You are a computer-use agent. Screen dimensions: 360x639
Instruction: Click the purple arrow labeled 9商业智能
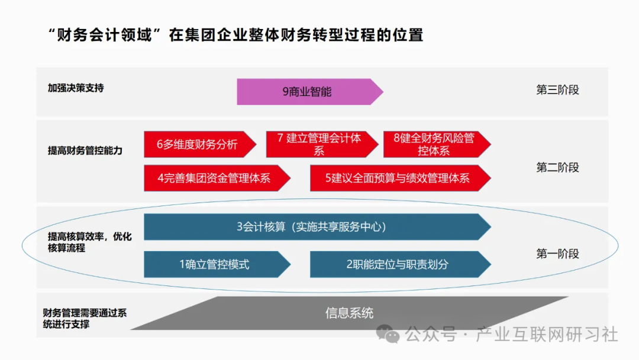(x=308, y=92)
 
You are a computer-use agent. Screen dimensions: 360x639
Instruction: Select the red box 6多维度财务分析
(x=198, y=144)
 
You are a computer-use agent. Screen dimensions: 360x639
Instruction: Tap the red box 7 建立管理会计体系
(x=319, y=144)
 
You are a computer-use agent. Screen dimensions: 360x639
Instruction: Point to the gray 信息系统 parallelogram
(x=349, y=313)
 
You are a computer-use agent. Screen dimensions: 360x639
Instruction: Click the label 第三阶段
(x=557, y=90)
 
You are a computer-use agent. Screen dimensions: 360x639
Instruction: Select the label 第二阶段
(x=557, y=168)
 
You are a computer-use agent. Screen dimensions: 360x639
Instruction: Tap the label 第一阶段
(x=557, y=254)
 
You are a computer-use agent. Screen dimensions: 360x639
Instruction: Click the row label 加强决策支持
(x=76, y=88)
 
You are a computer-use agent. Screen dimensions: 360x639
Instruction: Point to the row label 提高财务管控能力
(x=85, y=150)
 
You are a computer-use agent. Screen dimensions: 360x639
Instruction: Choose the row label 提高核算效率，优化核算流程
(x=89, y=242)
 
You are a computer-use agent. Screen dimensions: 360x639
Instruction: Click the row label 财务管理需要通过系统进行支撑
(x=84, y=319)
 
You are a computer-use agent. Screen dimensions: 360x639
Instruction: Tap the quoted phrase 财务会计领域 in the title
(x=104, y=35)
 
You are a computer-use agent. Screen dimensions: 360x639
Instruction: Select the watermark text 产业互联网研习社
(x=547, y=335)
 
